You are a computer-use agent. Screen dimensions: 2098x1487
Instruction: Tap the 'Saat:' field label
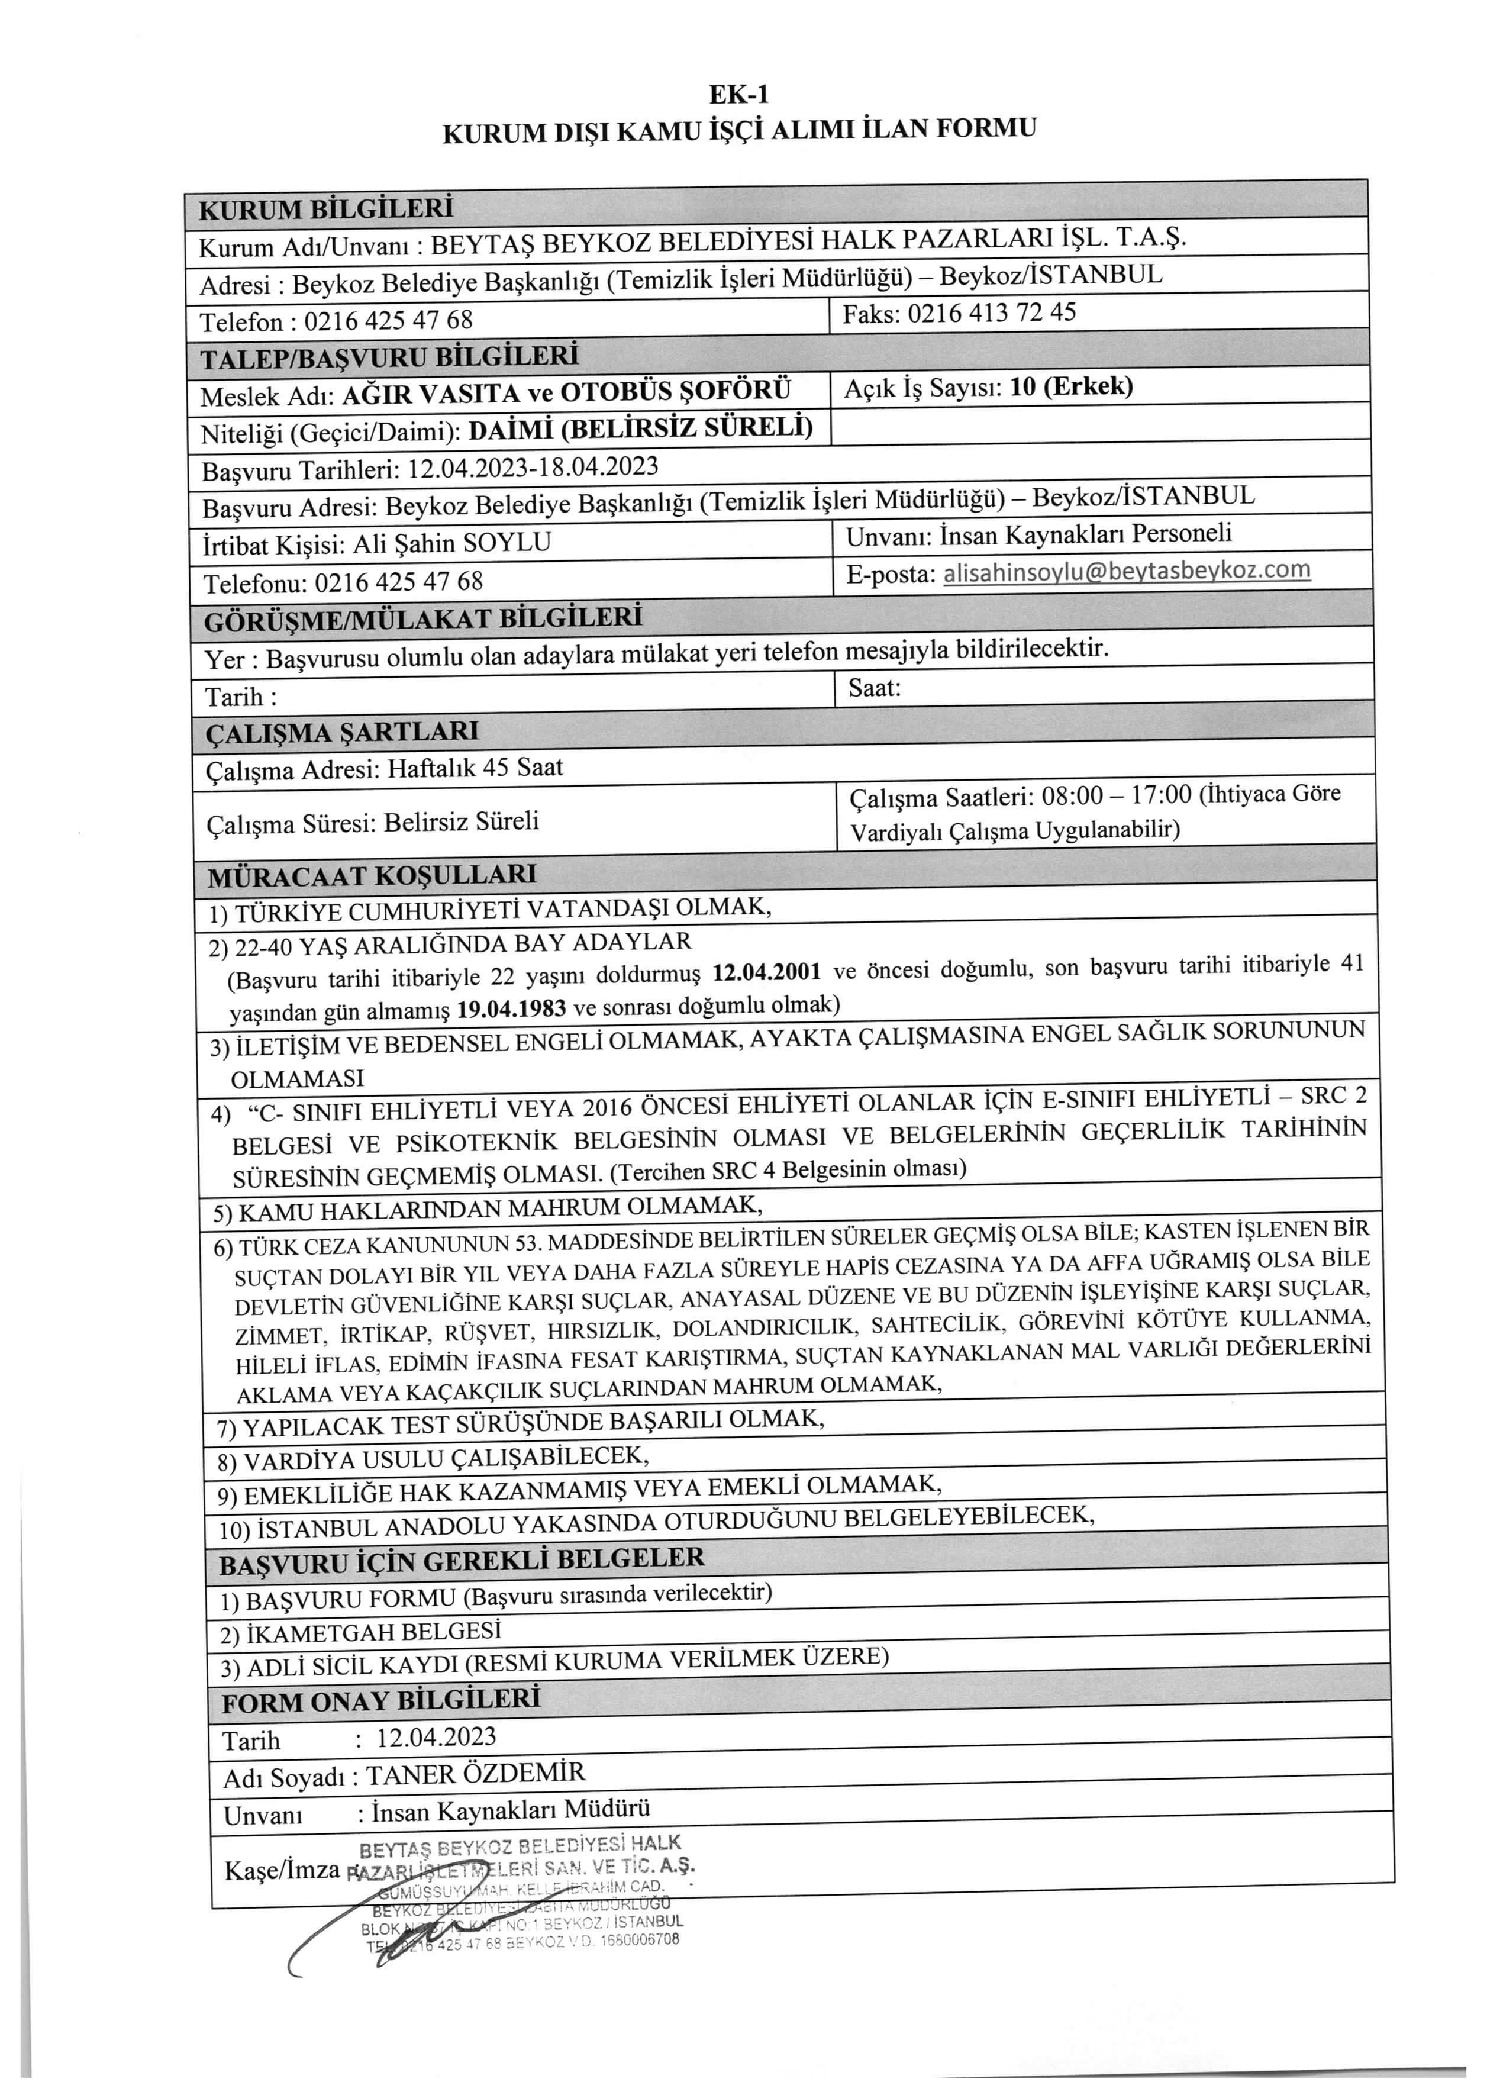[x=875, y=688]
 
